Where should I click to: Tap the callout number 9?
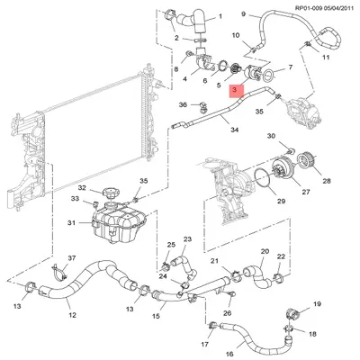[x=242, y=13]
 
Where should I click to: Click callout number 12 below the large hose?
[x=71, y=314]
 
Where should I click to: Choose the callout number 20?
[x=264, y=251]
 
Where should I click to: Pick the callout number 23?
[x=188, y=239]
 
